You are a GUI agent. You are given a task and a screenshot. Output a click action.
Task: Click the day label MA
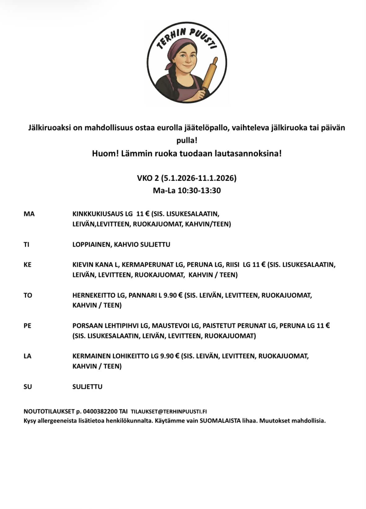click(x=29, y=214)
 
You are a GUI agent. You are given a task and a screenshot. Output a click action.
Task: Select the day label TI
click(x=27, y=244)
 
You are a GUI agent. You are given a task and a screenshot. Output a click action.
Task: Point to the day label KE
click(x=28, y=265)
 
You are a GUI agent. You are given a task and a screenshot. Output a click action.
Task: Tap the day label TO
click(x=28, y=295)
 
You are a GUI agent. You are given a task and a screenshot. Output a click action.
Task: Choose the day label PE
click(x=28, y=326)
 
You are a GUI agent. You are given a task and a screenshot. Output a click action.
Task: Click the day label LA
click(x=28, y=356)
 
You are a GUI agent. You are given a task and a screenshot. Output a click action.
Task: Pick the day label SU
click(x=28, y=387)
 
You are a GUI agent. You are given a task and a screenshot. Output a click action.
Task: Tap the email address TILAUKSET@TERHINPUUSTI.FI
click(x=169, y=412)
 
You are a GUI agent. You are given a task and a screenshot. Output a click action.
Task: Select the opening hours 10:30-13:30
click(x=199, y=191)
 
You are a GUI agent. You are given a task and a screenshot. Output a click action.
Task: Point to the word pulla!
click(x=187, y=140)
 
